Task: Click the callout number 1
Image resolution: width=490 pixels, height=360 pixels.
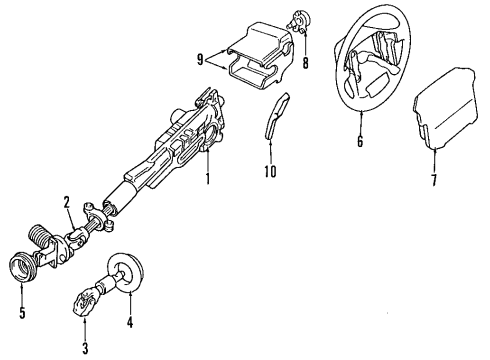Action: pyautogui.click(x=207, y=181)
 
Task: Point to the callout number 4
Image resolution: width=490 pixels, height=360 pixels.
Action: pyautogui.click(x=130, y=322)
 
